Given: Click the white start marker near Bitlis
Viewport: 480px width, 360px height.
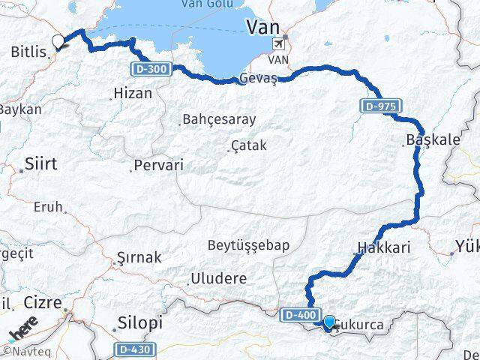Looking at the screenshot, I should pos(58,43).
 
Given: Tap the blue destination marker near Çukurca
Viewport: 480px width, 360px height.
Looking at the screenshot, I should pos(328,322).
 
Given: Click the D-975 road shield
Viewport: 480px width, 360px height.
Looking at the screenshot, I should pos(381,106).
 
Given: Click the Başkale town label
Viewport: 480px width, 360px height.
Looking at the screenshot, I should pos(430,139).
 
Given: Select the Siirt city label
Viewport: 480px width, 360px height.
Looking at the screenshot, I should pos(41,163).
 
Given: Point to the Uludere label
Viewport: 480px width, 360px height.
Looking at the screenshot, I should pos(219,278).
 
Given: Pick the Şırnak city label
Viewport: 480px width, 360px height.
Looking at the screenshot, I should pos(139,257).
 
